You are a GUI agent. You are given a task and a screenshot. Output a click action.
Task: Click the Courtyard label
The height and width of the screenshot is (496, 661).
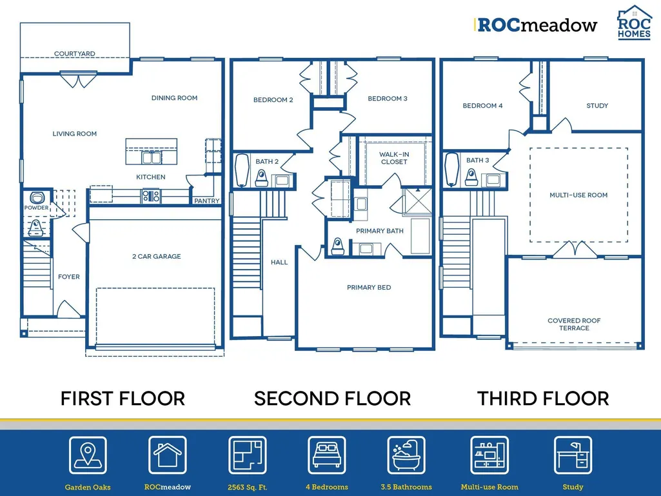point(75,54)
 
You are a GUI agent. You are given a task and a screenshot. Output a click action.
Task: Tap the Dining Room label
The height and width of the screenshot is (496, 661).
point(175,98)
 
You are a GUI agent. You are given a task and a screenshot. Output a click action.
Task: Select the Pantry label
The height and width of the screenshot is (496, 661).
point(206,201)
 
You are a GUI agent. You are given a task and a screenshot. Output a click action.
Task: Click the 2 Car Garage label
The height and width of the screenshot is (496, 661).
point(157,256)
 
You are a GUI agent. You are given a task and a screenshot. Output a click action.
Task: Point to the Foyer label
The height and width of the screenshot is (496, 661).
point(69,277)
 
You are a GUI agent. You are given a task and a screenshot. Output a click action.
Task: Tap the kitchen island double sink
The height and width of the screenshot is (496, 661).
point(152,158)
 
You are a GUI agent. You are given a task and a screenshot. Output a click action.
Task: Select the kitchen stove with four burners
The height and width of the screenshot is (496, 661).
point(151,196)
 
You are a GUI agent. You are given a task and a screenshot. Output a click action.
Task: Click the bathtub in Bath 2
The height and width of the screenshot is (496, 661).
point(242,170)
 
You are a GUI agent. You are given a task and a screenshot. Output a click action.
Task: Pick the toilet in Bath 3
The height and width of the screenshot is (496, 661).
point(471,177)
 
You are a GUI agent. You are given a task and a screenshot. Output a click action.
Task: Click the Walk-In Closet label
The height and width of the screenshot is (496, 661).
point(394,158)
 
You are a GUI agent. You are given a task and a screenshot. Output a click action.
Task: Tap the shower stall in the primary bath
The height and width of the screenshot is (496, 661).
point(417,202)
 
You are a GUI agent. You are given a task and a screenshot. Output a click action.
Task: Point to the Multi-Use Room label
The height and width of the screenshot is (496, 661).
point(578,195)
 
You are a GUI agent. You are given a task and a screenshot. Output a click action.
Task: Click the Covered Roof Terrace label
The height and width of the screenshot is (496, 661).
point(574,324)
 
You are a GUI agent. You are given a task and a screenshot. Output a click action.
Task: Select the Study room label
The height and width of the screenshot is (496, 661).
point(597,105)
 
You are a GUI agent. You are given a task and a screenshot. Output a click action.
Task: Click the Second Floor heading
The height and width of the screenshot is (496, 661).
point(332,399)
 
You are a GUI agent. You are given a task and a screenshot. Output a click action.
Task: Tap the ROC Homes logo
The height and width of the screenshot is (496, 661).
point(635,23)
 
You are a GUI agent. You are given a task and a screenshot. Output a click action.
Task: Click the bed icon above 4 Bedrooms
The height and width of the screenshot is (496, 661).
point(327,455)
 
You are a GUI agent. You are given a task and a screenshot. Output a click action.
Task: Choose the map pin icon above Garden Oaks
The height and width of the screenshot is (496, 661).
point(88,455)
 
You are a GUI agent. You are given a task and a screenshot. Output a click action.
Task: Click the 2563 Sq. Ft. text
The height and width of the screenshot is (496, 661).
point(248,487)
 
